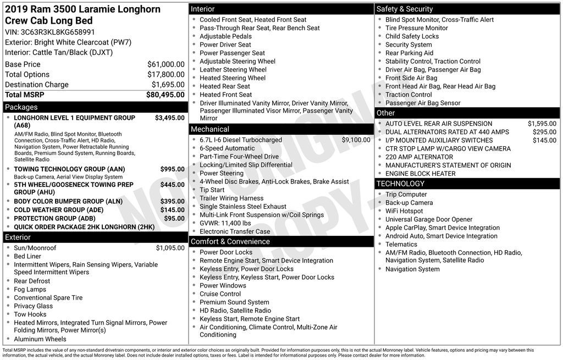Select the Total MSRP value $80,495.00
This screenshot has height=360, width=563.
(165, 95)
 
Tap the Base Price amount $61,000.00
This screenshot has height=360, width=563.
(165, 64)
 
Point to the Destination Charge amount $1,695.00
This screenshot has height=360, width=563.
(168, 85)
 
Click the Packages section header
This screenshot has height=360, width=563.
(21, 107)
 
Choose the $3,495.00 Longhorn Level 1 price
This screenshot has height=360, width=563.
(169, 118)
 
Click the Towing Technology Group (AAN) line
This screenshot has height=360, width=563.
(69, 169)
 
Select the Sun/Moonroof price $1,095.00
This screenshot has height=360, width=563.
(170, 248)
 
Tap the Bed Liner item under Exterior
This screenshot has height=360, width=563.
(27, 256)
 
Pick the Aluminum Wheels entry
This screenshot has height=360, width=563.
(40, 339)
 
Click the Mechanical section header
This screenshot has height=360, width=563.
(210, 129)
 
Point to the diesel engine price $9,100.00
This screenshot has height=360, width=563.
(356, 140)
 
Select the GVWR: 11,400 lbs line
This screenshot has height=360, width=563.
(225, 223)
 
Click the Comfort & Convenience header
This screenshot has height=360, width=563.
(230, 241)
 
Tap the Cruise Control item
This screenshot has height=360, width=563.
(220, 294)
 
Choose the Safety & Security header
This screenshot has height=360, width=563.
(405, 9)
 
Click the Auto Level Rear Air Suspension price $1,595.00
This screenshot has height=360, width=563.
(542, 124)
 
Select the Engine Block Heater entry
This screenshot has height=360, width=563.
(421, 174)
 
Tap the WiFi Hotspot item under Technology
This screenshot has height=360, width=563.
(404, 211)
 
